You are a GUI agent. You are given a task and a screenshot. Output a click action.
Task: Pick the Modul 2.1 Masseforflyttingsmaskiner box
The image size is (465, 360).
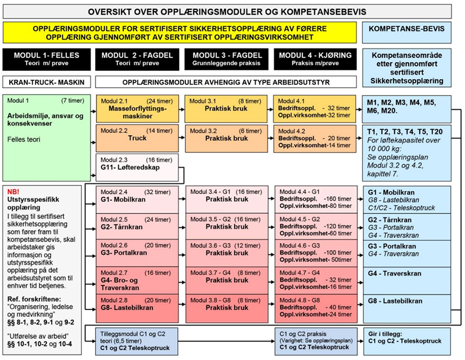tap(137, 108)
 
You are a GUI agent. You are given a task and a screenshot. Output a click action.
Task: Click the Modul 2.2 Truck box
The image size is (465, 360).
tap(137, 137)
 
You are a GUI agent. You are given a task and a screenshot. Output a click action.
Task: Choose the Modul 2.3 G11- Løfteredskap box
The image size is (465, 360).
tap(137, 167)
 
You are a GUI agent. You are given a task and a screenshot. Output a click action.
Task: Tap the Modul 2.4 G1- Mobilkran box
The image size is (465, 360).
tap(137, 198)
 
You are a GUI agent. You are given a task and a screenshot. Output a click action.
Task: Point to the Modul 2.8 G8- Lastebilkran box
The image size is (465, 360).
tap(137, 306)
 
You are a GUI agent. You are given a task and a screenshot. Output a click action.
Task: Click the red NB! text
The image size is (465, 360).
tap(12, 191)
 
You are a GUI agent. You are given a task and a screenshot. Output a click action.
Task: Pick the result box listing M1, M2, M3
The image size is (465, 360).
tap(411, 107)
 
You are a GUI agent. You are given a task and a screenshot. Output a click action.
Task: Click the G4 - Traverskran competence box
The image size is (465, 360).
tap(411, 280)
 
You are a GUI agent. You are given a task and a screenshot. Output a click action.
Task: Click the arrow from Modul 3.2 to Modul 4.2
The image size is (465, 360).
tap(271, 138)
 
